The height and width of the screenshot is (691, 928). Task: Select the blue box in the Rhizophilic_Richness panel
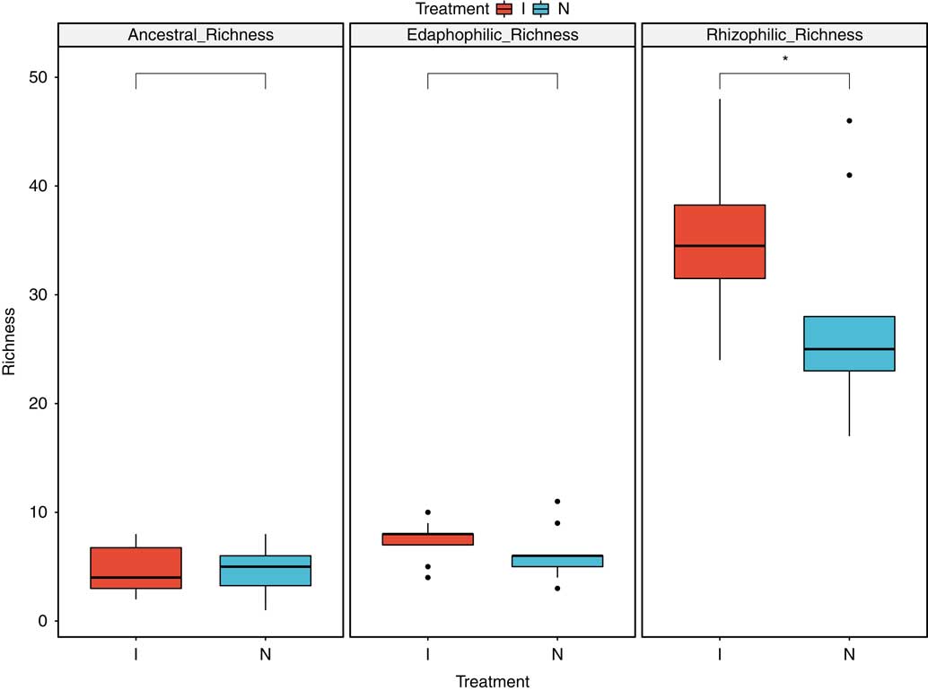849,343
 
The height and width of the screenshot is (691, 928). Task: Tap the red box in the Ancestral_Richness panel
136,567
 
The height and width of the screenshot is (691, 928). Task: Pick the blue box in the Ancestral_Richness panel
266,571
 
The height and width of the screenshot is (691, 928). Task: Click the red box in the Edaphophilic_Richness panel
427,538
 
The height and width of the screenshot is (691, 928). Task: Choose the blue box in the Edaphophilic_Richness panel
557,561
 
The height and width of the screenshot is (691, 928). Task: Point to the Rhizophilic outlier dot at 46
849,120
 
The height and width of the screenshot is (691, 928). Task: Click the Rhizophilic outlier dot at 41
849,175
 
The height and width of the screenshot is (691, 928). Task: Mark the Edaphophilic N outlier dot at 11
557,501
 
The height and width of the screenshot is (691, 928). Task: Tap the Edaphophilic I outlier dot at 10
427,512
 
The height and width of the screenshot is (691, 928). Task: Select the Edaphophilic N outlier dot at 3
557,588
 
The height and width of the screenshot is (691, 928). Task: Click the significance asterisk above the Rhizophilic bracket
784,59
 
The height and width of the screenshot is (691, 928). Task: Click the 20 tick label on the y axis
37,404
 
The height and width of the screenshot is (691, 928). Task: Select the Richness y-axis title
10,341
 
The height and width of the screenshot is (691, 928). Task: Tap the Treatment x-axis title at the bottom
492,681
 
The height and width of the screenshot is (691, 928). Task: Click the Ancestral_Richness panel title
201,35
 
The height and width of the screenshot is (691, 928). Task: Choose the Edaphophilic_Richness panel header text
493,35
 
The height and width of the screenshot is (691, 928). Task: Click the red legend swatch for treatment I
503,9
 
